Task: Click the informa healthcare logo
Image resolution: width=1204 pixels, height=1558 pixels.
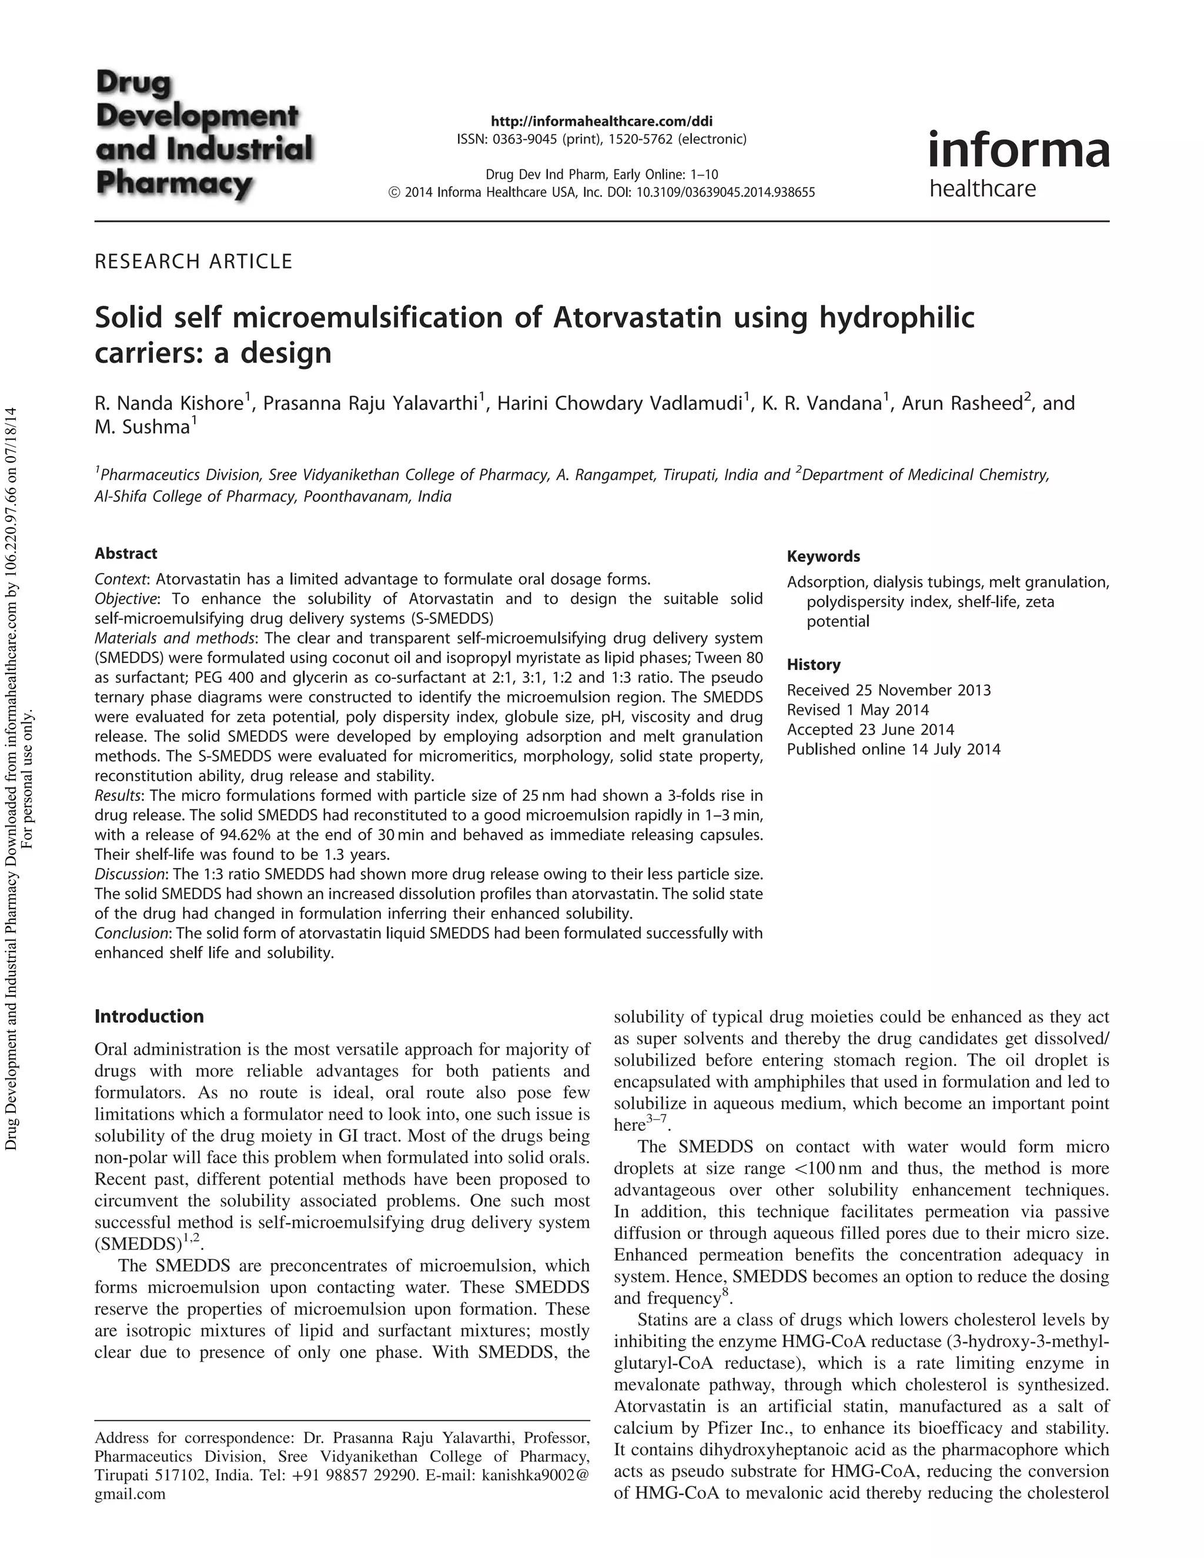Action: [x=1018, y=164]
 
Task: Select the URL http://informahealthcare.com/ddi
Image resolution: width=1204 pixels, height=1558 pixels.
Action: [x=601, y=120]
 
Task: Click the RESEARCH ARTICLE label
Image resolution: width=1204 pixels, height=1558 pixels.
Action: [x=193, y=262]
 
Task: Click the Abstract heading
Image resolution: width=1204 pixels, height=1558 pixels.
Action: [x=126, y=554]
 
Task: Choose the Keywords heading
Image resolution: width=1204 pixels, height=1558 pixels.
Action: [x=823, y=557]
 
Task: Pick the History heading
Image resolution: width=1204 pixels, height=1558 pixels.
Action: [x=814, y=665]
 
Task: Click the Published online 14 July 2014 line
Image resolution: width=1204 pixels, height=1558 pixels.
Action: [x=894, y=749]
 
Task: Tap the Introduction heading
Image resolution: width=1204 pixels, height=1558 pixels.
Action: [x=149, y=1016]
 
